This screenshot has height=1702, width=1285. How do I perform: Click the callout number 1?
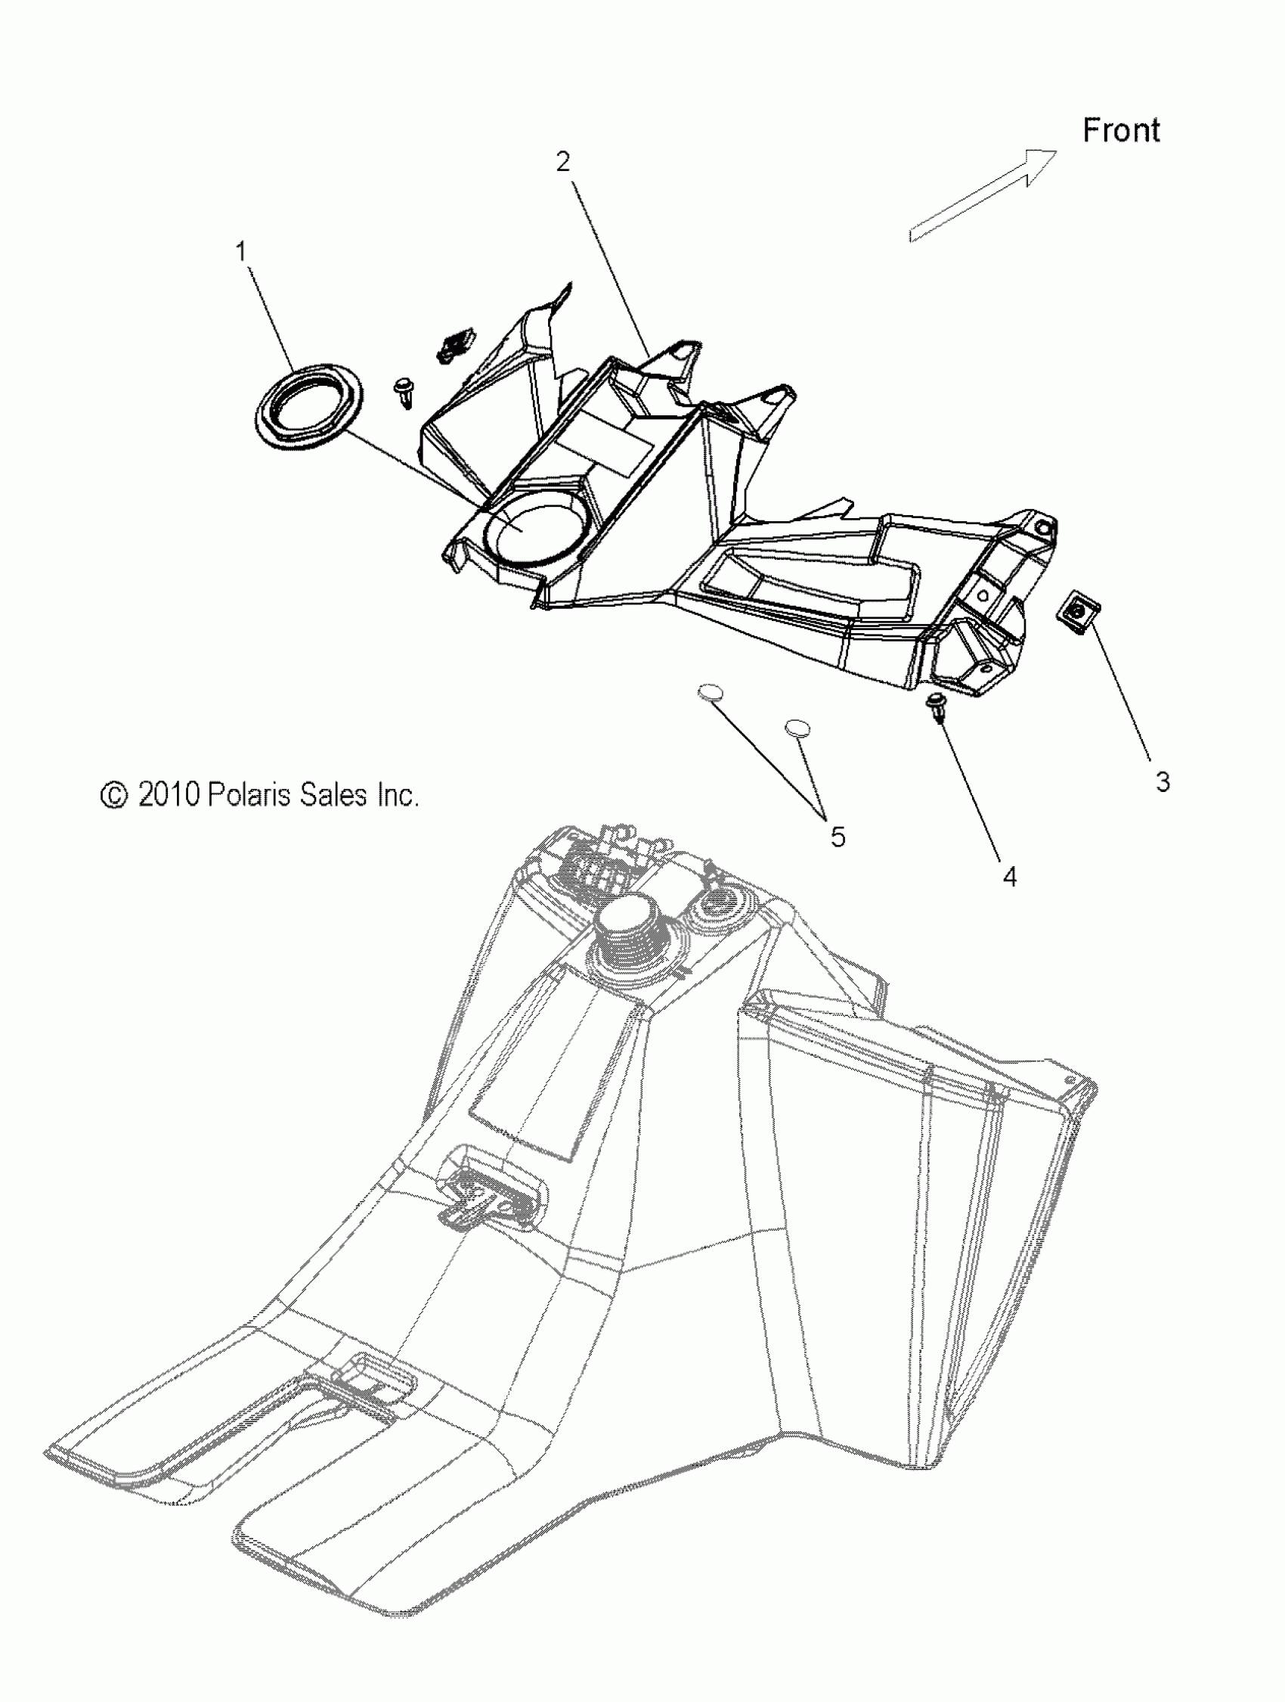pos(241,252)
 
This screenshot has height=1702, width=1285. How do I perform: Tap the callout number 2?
pos(564,162)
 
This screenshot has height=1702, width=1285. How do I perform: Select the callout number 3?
pos(1163,781)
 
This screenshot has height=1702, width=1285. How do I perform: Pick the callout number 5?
pos(838,837)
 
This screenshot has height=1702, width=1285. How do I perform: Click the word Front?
pos(1121,130)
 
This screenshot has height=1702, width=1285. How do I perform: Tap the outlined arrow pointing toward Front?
pos(983,195)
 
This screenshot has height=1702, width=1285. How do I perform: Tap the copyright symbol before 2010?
pos(114,796)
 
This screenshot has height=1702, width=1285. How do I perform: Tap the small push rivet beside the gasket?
pos(403,392)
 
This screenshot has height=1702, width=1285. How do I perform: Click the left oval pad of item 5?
pos(711,693)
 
